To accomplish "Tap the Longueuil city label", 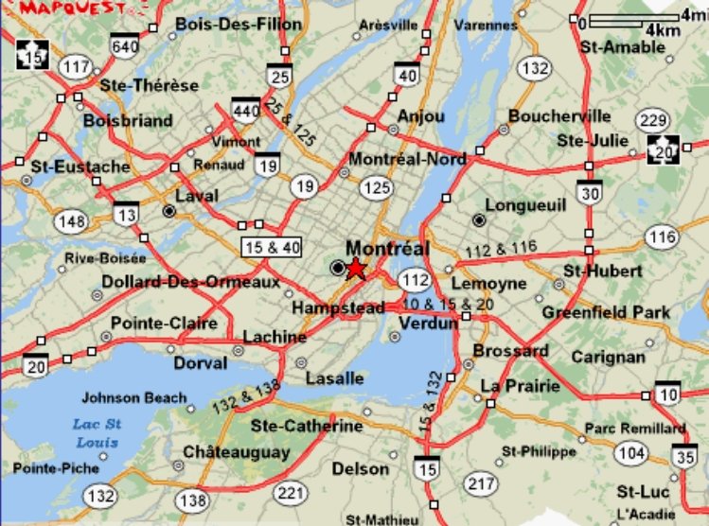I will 524,204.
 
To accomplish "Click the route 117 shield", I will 76,66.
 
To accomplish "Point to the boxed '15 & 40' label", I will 272,248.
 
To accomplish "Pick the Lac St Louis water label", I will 96,432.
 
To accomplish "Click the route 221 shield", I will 290,493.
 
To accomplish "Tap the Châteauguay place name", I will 236,452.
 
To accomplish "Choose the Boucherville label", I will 558,116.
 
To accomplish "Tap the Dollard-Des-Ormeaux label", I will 190,282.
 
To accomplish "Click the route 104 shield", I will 630,453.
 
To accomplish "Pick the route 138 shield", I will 193,499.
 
